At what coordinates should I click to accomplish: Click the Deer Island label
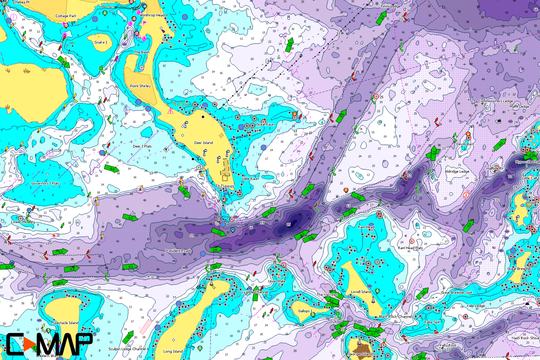coord(203,143)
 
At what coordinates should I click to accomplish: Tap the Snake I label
coord(100,42)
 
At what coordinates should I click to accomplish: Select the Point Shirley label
coord(140,86)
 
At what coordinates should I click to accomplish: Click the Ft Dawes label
coord(225,186)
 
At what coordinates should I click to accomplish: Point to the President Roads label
coord(178,251)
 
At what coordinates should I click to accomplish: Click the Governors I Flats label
coord(45,183)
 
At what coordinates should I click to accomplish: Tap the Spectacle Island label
coord(65,323)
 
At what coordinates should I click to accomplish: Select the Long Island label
coord(173,351)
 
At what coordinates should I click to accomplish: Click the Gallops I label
coord(305,311)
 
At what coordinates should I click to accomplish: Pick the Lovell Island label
coord(361,292)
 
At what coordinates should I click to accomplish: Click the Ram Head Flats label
coord(410,248)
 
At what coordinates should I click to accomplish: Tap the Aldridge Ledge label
coord(457,172)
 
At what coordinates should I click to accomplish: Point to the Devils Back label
coord(465,144)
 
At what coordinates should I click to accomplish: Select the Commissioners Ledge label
coord(495,101)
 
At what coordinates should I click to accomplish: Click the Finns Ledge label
coord(390,6)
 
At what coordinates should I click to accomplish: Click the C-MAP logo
coord(49,344)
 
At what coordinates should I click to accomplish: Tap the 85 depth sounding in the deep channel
coord(289,224)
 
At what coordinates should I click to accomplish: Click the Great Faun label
coord(265,124)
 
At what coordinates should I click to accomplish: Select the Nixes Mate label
coord(277,281)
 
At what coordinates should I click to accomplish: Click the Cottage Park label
coord(66,16)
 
